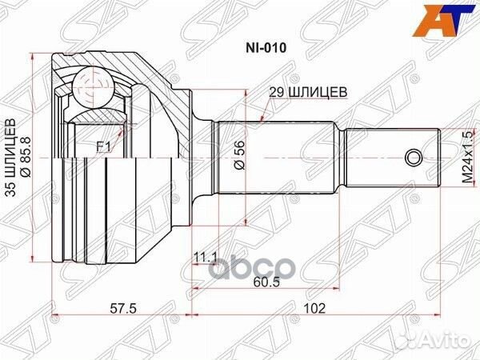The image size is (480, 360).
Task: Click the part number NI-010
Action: coord(265,47)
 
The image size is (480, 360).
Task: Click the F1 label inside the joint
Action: coord(103,146)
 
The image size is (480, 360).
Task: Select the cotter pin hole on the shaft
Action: coord(412,156)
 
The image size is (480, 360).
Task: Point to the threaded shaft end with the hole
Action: coord(392,156)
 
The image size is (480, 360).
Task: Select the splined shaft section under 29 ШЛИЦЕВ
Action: coord(280,156)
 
